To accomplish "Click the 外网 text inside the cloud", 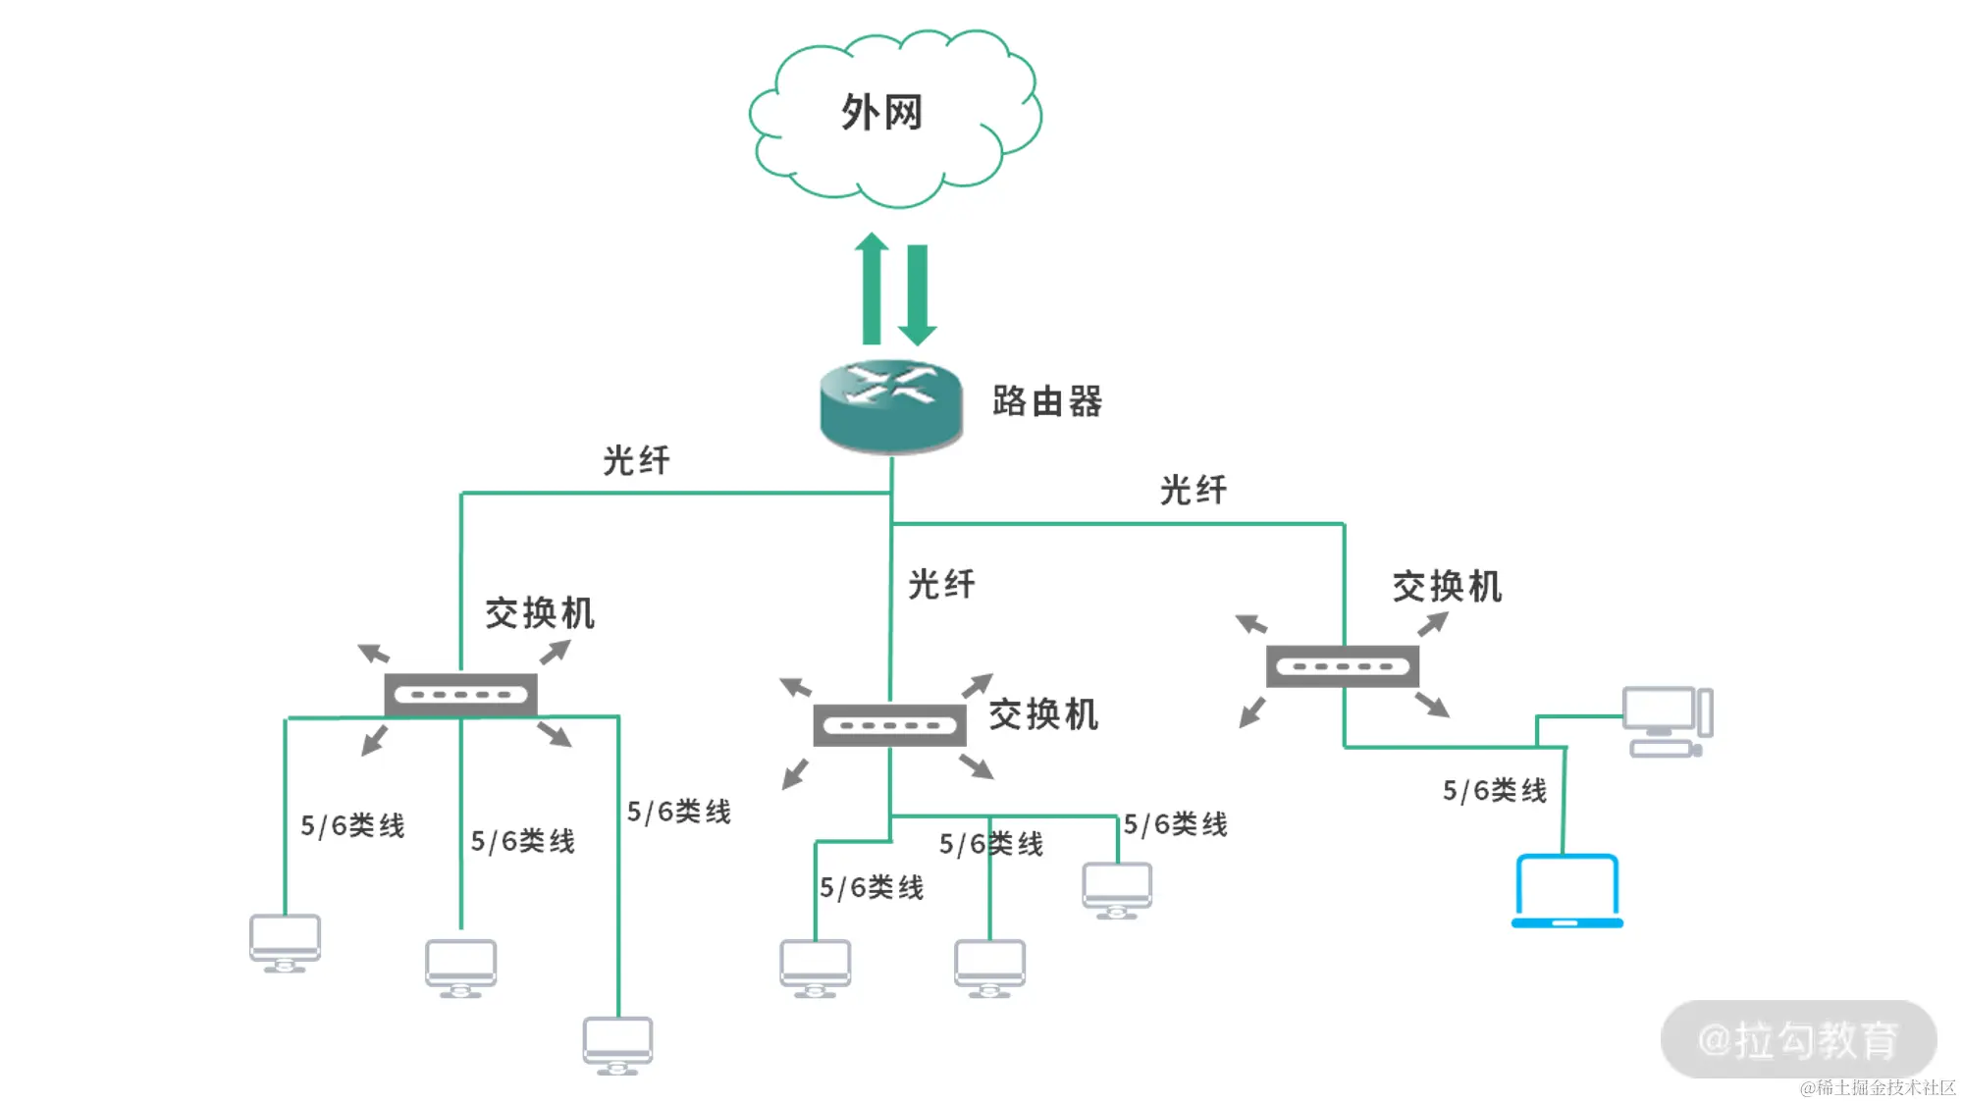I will click(x=881, y=112).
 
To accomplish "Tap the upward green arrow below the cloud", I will click(x=871, y=289).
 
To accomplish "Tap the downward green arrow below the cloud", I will click(x=918, y=294).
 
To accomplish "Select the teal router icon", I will click(x=891, y=406).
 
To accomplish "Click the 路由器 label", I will click(x=1047, y=401).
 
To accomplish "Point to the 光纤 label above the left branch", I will click(x=636, y=460).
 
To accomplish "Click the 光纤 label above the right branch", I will click(x=1194, y=490).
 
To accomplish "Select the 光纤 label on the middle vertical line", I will click(x=941, y=584).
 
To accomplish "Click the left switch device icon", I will click(x=460, y=695).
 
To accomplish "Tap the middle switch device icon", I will click(x=889, y=725).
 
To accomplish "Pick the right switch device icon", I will click(x=1343, y=666).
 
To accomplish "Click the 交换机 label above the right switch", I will click(x=1447, y=587).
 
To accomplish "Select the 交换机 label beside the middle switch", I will click(x=1043, y=714).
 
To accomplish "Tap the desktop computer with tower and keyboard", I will click(x=1667, y=721).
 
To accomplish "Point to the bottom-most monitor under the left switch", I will click(x=617, y=1044).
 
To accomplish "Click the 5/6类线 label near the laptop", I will click(x=1494, y=790).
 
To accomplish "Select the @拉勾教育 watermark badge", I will click(x=1798, y=1039).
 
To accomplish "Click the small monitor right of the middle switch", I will click(x=1117, y=889).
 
